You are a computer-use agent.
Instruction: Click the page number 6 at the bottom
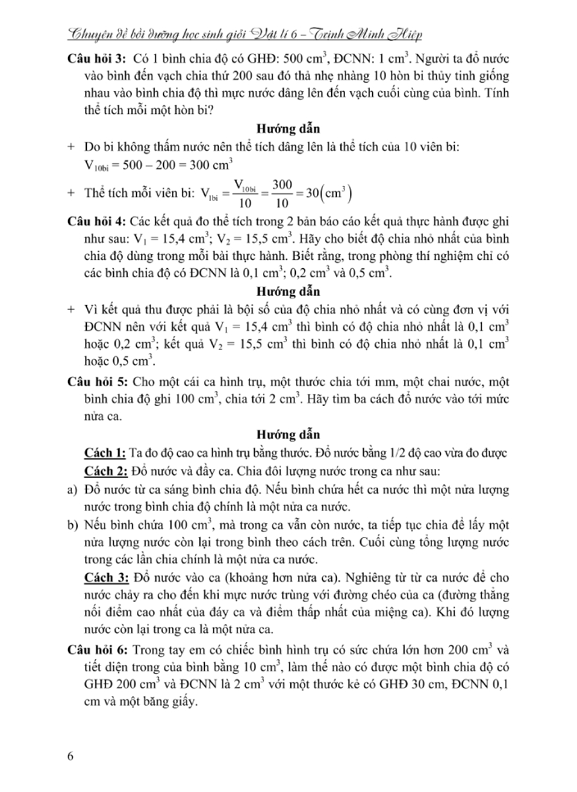tap(71, 756)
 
